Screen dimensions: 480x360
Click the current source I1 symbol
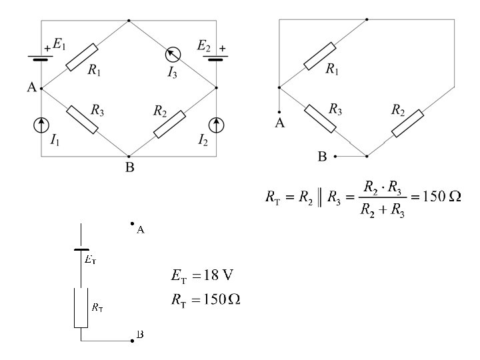pyautogui.click(x=41, y=123)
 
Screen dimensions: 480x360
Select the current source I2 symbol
pyautogui.click(x=217, y=123)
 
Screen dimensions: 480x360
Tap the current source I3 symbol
pyautogui.click(x=173, y=55)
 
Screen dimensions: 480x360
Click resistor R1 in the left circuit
pyautogui.click(x=82, y=57)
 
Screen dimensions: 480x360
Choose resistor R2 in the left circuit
pyautogui.click(x=169, y=125)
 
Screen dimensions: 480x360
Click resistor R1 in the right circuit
pyautogui.click(x=320, y=56)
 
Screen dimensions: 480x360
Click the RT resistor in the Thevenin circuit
pyautogui.click(x=81, y=307)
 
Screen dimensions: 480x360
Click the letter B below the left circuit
pyautogui.click(x=130, y=167)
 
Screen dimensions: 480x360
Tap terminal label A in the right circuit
pyautogui.click(x=280, y=123)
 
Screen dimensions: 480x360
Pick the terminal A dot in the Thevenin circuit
pyautogui.click(x=133, y=224)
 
